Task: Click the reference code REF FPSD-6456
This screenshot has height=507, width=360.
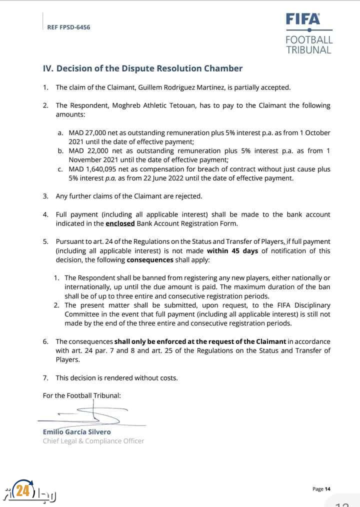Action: click(68, 27)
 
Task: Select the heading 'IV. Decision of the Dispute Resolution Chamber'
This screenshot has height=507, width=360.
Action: click(142, 68)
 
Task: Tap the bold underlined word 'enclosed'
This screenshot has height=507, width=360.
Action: click(120, 223)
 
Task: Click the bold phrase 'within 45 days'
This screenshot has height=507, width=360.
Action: click(232, 251)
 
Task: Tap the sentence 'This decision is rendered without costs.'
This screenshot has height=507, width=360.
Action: click(116, 377)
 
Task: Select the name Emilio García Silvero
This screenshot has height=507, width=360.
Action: click(77, 431)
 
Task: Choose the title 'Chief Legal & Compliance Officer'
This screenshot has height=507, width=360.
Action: click(93, 440)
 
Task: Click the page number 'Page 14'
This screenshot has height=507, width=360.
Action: click(321, 488)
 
